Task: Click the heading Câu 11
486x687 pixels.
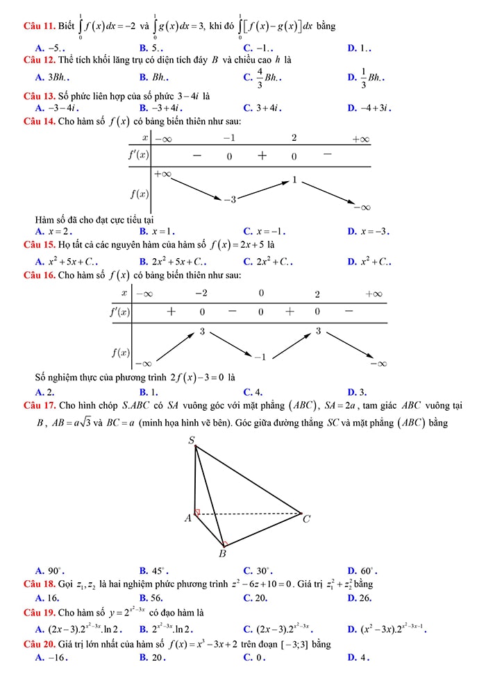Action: coord(39,27)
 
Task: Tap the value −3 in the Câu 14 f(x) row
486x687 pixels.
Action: coord(230,200)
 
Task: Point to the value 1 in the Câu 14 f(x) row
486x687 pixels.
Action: coord(294,180)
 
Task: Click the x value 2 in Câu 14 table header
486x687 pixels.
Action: coord(294,138)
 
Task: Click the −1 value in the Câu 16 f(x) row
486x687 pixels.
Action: coord(259,357)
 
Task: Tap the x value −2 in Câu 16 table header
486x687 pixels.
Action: coord(200,294)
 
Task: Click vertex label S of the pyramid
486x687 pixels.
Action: coord(192,439)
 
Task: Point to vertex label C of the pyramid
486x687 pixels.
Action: coord(307,518)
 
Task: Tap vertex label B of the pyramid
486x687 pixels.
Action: coord(222,553)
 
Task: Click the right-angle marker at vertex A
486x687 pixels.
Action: coord(197,512)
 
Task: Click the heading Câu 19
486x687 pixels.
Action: coord(39,613)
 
